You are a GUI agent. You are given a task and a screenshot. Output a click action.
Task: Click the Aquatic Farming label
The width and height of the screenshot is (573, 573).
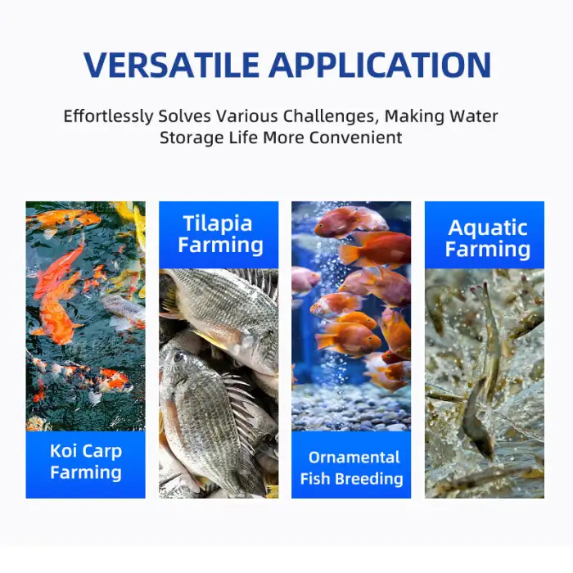pos(488,238)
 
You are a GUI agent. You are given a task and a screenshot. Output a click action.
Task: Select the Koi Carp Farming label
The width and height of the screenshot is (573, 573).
pos(85,462)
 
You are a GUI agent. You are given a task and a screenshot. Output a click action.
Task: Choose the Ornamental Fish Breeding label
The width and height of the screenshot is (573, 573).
pos(351,467)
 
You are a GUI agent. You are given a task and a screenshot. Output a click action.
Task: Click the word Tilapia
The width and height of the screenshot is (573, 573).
pos(219,223)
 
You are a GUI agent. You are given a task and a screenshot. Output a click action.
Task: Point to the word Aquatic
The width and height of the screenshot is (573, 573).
pos(488,228)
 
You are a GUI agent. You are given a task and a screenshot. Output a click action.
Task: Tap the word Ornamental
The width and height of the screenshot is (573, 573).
pos(354,458)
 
